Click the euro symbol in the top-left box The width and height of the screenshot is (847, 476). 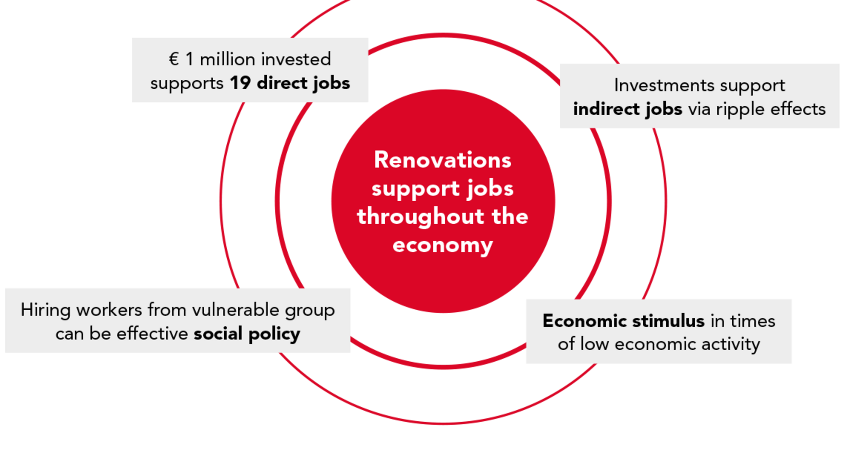(174, 59)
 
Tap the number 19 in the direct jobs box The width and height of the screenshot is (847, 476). (240, 83)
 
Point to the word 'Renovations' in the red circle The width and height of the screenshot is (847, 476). (442, 160)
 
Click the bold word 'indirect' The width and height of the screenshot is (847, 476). (606, 109)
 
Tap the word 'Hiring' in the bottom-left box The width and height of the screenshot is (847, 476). (45, 310)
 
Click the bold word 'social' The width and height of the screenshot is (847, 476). (218, 334)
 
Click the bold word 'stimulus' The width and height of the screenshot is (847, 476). (668, 321)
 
